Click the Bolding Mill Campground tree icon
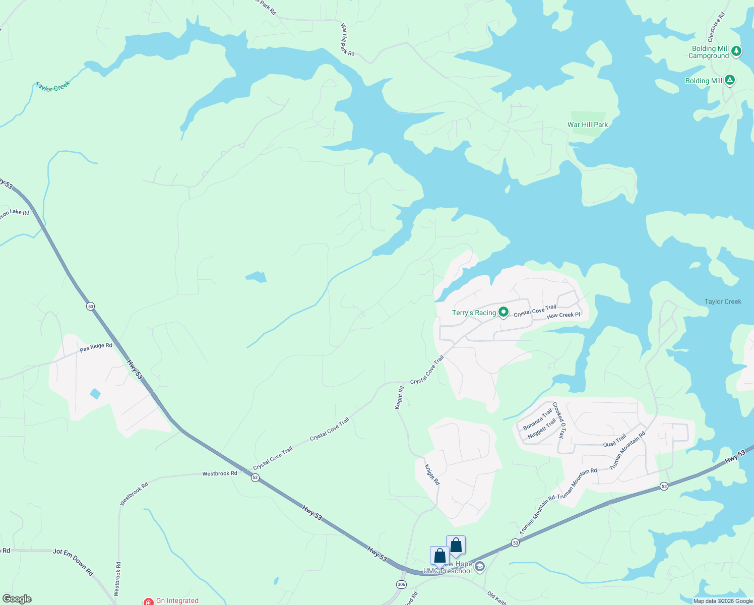point(736,51)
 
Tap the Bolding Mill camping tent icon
point(729,80)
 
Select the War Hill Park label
point(587,125)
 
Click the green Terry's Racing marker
point(503,313)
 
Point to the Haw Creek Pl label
point(563,315)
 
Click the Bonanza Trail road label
point(537,419)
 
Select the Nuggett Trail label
point(541,429)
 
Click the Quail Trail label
point(614,441)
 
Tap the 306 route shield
point(401,584)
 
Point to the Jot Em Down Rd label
point(74,562)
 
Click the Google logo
point(17,599)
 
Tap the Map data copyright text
point(723,601)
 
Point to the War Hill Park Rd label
point(347,39)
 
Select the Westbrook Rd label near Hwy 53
point(220,474)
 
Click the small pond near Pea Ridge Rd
point(95,394)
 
